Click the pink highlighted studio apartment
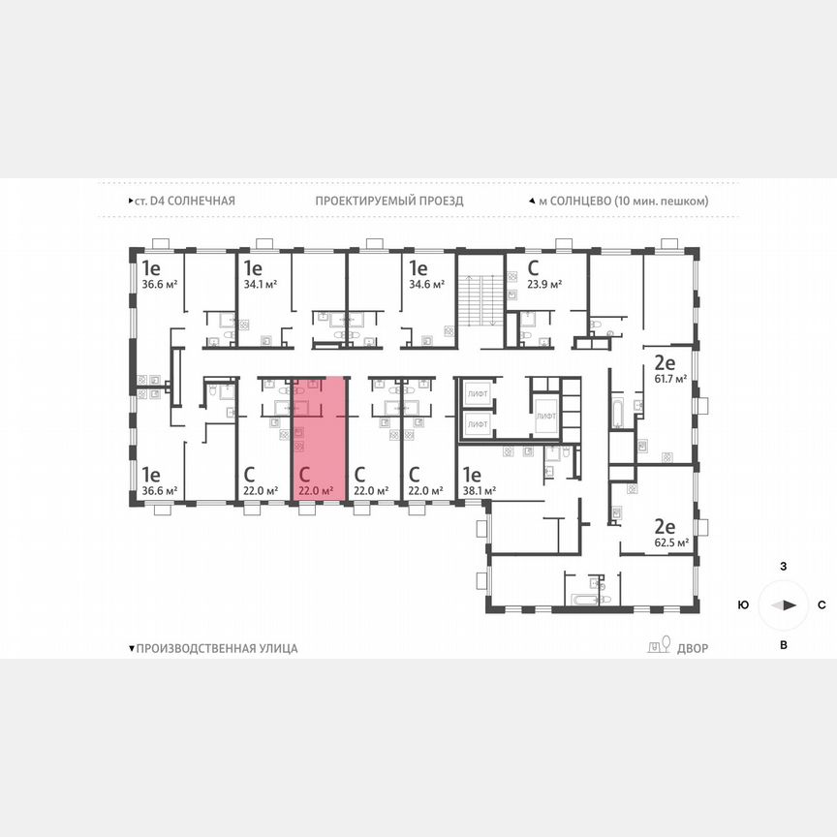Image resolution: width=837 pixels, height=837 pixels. coord(319,441)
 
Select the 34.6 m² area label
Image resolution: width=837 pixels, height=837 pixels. coord(427,285)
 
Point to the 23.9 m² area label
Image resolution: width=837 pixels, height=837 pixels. coord(544,285)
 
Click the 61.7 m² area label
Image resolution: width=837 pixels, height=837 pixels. coord(669,381)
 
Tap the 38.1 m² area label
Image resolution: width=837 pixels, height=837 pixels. coord(479,491)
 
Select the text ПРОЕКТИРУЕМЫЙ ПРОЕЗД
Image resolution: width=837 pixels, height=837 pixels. coord(388,201)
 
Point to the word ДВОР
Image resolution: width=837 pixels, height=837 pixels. coord(693,648)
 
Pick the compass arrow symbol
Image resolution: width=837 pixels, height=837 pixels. coord(783,604)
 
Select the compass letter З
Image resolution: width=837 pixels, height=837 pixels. coord(783,565)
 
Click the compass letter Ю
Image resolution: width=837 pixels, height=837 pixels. coord(742,604)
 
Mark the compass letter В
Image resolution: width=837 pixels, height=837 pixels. coord(783,645)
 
